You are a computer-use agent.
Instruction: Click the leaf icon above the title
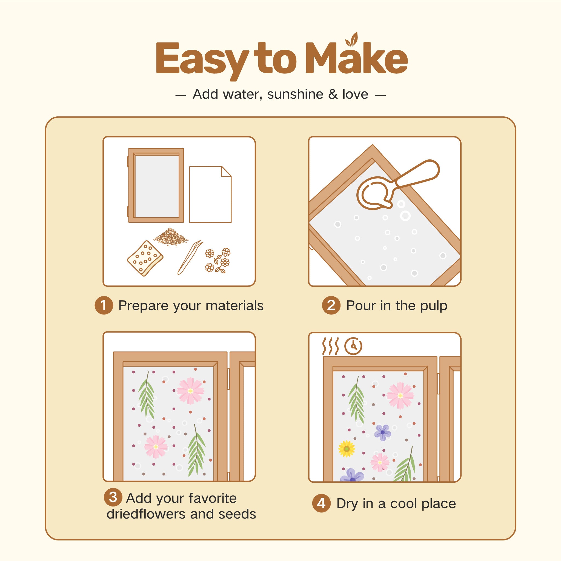click(x=352, y=39)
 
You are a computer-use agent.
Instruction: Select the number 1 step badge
click(x=104, y=305)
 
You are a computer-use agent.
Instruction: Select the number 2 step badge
click(x=331, y=305)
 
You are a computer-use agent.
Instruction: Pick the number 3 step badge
click(x=113, y=497)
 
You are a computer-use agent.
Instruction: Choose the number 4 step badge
click(x=321, y=503)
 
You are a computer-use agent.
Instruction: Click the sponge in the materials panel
click(x=145, y=258)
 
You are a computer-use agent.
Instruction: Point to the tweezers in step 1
click(x=190, y=257)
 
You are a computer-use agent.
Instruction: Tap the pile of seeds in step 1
click(x=171, y=237)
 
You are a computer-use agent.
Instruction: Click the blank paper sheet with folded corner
click(x=210, y=194)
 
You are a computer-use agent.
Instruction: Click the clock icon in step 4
click(x=353, y=346)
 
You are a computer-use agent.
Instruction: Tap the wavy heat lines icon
click(x=330, y=346)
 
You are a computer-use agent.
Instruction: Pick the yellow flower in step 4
click(x=347, y=449)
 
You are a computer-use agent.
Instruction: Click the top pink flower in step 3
click(x=190, y=391)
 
